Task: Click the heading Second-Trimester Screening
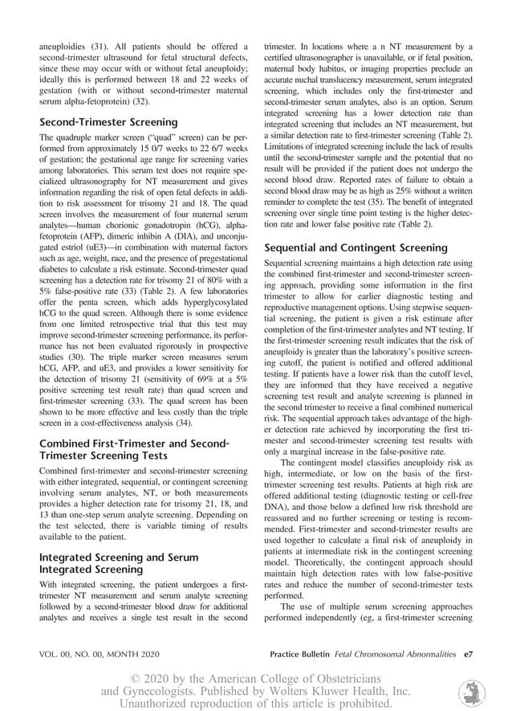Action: pos(108,122)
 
